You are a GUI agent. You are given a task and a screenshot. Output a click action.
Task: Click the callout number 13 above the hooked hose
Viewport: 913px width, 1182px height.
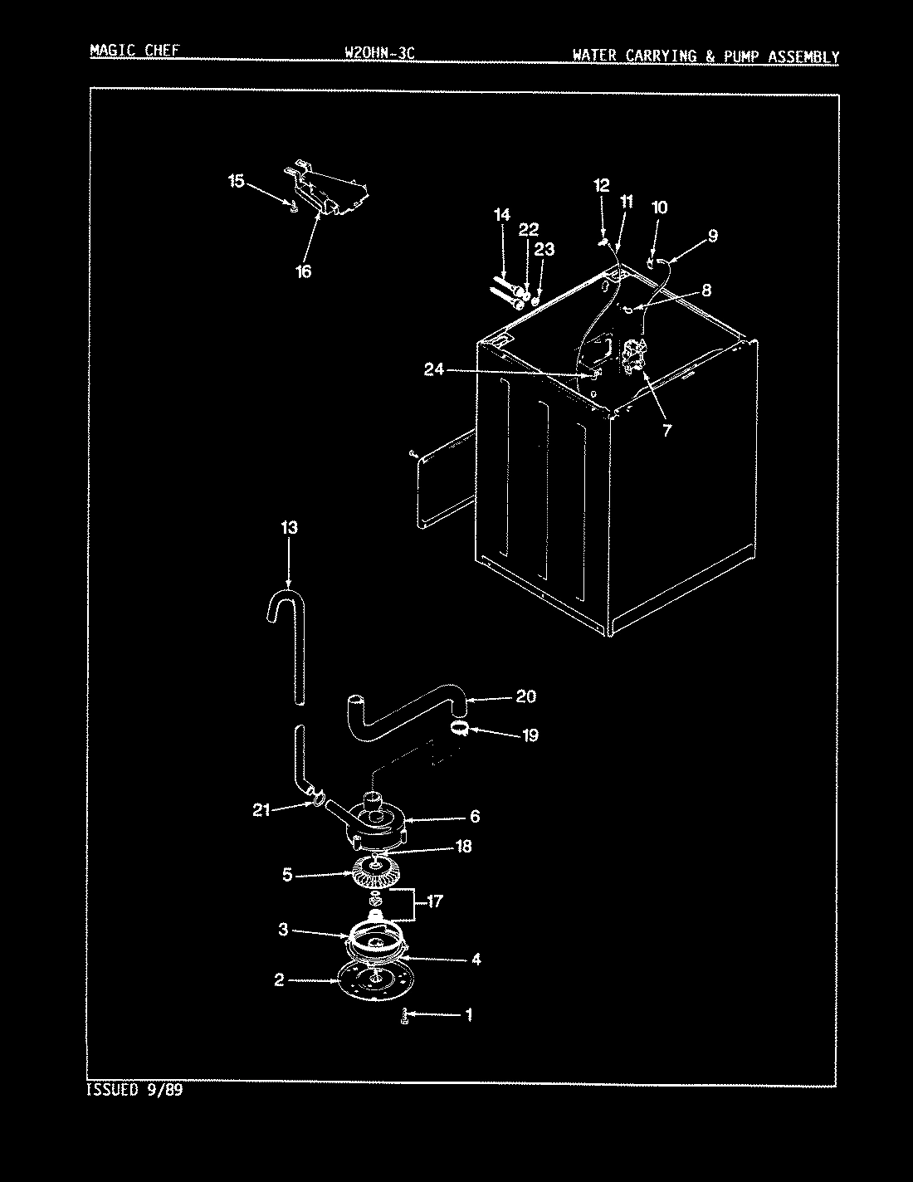pyautogui.click(x=289, y=528)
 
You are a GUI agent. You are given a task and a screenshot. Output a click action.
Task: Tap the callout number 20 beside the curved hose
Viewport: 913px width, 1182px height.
pyautogui.click(x=525, y=696)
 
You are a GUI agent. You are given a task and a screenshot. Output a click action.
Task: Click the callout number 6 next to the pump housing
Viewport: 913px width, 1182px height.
pyautogui.click(x=474, y=817)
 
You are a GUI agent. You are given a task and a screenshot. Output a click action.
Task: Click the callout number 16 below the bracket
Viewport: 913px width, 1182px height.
pyautogui.click(x=304, y=271)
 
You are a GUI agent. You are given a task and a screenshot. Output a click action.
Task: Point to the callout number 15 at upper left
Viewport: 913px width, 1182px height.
pyautogui.click(x=237, y=181)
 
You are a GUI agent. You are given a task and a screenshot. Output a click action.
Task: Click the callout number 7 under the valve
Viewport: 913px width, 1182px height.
pyautogui.click(x=666, y=430)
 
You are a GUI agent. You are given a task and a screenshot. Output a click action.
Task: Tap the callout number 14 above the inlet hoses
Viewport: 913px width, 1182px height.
pyautogui.click(x=501, y=215)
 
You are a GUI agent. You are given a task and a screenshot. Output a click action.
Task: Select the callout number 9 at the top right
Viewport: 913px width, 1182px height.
pyautogui.click(x=712, y=236)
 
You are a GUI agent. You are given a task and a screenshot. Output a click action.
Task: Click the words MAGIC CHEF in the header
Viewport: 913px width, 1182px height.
pyautogui.click(x=134, y=51)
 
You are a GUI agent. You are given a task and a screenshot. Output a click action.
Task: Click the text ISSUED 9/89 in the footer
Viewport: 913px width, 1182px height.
pyautogui.click(x=134, y=1090)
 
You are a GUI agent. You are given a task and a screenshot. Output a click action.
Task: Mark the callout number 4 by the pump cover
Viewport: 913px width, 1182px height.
pyautogui.click(x=476, y=960)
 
